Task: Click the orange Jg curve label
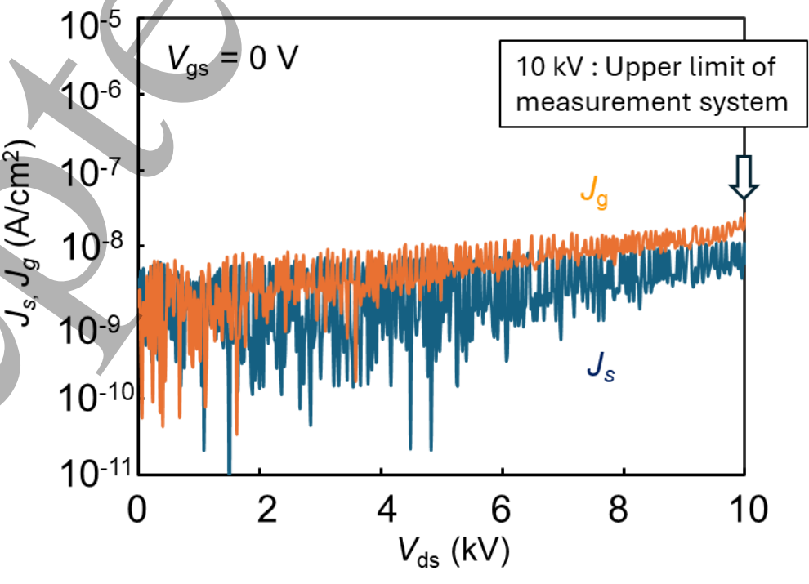point(594,194)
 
